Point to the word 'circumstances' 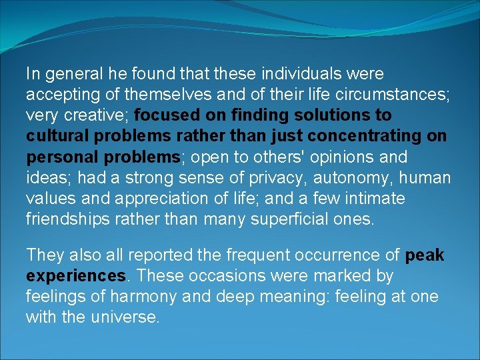point(390,94)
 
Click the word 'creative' point(97,115)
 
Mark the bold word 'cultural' point(55,136)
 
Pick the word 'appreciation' point(151,199)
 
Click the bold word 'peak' point(424,255)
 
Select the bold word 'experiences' point(75,276)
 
